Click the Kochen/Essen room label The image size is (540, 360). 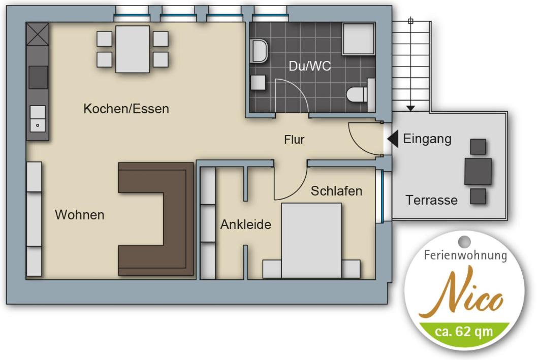point(126,109)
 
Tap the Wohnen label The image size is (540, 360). point(80,215)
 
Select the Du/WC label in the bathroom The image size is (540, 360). point(309,66)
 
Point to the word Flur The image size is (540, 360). point(294,140)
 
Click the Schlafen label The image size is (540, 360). point(336,191)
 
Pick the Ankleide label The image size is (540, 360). point(246,224)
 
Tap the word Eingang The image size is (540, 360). point(427,139)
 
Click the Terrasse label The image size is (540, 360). point(431,200)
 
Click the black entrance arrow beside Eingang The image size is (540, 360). point(393,139)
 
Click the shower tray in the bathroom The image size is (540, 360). point(359,39)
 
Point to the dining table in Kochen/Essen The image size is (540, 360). point(133,49)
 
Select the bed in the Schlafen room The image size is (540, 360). point(311,241)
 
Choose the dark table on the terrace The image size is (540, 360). point(478,172)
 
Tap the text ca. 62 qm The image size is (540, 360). point(464,332)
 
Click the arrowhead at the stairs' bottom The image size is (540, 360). point(410,109)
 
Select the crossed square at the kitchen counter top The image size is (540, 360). point(38,34)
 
